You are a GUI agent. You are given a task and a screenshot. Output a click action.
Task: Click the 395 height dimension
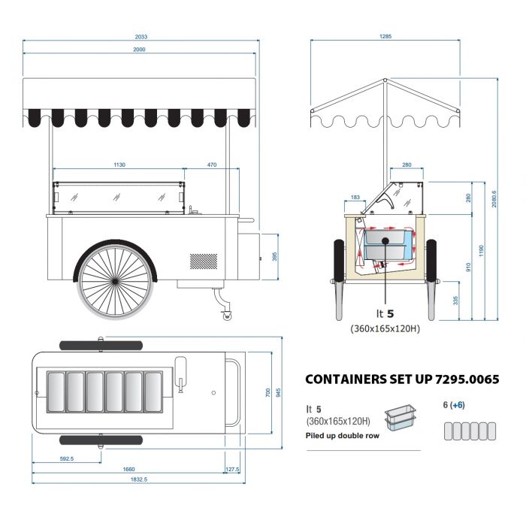274,257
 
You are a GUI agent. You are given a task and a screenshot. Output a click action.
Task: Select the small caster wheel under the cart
226,316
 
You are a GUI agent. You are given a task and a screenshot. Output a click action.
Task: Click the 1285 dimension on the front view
385,36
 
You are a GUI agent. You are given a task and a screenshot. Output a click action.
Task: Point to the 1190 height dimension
482,249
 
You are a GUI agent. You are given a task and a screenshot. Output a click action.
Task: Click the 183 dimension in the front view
355,198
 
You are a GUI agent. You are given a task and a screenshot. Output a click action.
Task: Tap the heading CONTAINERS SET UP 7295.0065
401,379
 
